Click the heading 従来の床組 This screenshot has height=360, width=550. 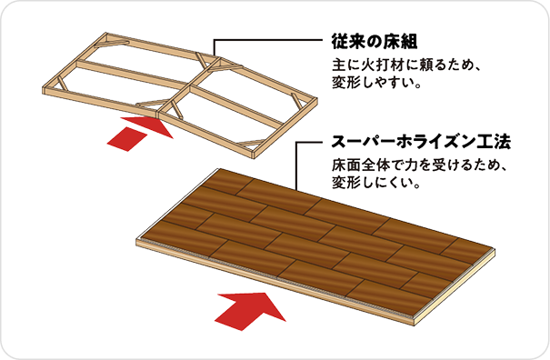(375, 42)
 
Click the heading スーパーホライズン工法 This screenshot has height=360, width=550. (421, 142)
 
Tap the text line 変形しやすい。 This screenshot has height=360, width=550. (376, 83)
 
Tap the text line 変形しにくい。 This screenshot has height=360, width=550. (376, 183)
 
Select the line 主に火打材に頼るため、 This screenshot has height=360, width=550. (405, 65)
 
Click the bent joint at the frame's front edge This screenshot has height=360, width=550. (157, 113)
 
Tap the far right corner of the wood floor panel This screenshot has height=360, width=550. (495, 250)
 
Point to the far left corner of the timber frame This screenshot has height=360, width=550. (44, 88)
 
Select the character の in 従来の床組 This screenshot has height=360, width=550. (375, 42)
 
